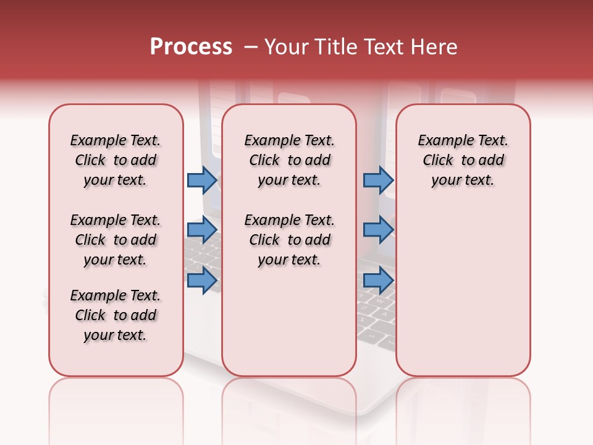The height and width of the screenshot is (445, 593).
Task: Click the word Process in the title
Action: pyautogui.click(x=191, y=47)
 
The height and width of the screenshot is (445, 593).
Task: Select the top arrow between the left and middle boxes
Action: pyautogui.click(x=201, y=180)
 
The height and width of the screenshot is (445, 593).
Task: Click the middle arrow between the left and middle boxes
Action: pyautogui.click(x=201, y=230)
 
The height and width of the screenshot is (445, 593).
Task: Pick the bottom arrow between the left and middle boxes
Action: pyautogui.click(x=201, y=280)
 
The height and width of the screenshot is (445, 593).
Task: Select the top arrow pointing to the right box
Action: pyautogui.click(x=378, y=180)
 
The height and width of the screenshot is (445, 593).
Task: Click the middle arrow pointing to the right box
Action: pyautogui.click(x=378, y=230)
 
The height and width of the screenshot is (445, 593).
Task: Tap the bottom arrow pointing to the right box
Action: pyautogui.click(x=378, y=280)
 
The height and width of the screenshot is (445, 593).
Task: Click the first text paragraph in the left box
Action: pyautogui.click(x=116, y=160)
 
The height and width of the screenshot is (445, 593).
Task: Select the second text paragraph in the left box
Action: pyautogui.click(x=116, y=240)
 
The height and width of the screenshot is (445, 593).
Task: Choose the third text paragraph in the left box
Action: pyautogui.click(x=116, y=315)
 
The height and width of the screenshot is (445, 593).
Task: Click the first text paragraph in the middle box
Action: pyautogui.click(x=289, y=160)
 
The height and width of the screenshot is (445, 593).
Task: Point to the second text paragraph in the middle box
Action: pyautogui.click(x=289, y=240)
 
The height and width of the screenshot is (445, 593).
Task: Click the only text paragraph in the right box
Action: pyautogui.click(x=463, y=160)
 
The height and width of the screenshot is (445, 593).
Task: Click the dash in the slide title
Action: pyautogui.click(x=251, y=47)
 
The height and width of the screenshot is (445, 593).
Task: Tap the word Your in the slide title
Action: pyautogui.click(x=287, y=47)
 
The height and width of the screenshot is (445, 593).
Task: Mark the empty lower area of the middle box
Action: pyautogui.click(x=289, y=321)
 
